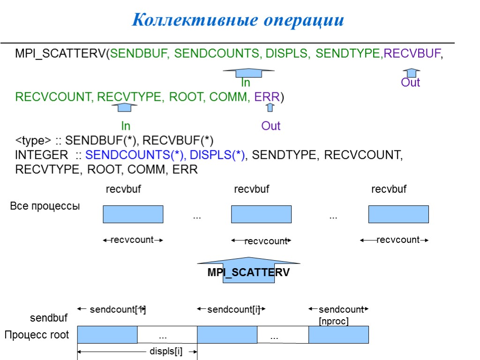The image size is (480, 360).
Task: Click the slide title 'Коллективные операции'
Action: tap(238, 21)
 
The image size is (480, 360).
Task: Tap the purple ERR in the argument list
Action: tap(267, 97)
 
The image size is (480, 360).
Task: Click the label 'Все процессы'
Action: tap(45, 206)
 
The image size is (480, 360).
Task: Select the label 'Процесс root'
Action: tap(37, 335)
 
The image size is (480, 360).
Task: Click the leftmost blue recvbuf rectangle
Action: tap(133, 214)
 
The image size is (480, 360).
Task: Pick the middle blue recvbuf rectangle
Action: tap(261, 214)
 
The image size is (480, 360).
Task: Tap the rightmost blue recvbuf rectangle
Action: tap(398, 214)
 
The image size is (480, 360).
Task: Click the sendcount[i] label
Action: tap(233, 309)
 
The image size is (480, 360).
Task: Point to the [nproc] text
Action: tap(333, 322)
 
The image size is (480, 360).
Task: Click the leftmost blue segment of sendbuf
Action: tap(107, 335)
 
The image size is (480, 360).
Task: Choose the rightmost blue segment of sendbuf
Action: tap(338, 335)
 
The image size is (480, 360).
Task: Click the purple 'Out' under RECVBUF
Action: tap(411, 83)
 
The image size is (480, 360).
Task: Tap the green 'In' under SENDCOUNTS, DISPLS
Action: tap(246, 83)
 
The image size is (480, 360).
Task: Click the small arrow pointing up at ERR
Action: tap(270, 108)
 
